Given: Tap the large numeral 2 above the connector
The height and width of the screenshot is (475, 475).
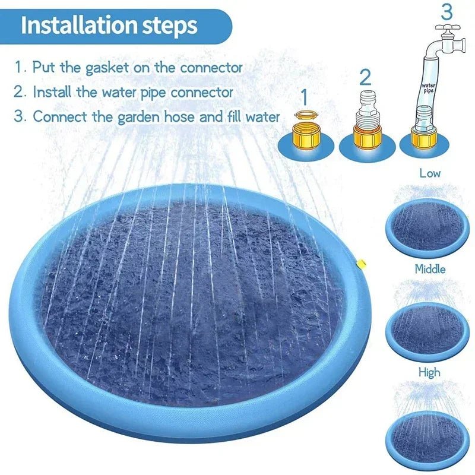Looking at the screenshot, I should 365,77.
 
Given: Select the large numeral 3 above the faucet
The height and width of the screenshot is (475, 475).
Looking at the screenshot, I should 446,12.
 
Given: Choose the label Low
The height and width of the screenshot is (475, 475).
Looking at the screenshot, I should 430,173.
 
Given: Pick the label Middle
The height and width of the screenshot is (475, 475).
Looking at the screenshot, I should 430,268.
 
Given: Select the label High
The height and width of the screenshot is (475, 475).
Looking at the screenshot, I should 429,372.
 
